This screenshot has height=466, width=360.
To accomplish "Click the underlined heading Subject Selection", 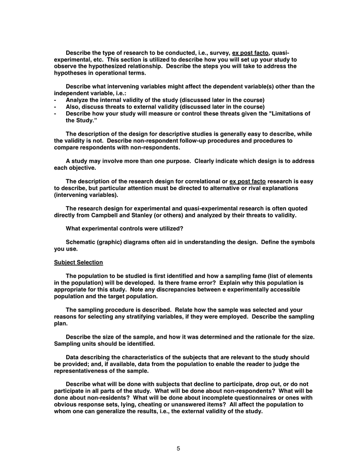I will (78, 263).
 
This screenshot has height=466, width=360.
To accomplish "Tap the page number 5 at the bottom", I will (178, 448).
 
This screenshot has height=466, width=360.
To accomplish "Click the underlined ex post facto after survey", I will (250, 53).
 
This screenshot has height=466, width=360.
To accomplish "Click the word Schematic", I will (82, 242).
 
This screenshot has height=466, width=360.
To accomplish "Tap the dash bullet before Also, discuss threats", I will (55, 106).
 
